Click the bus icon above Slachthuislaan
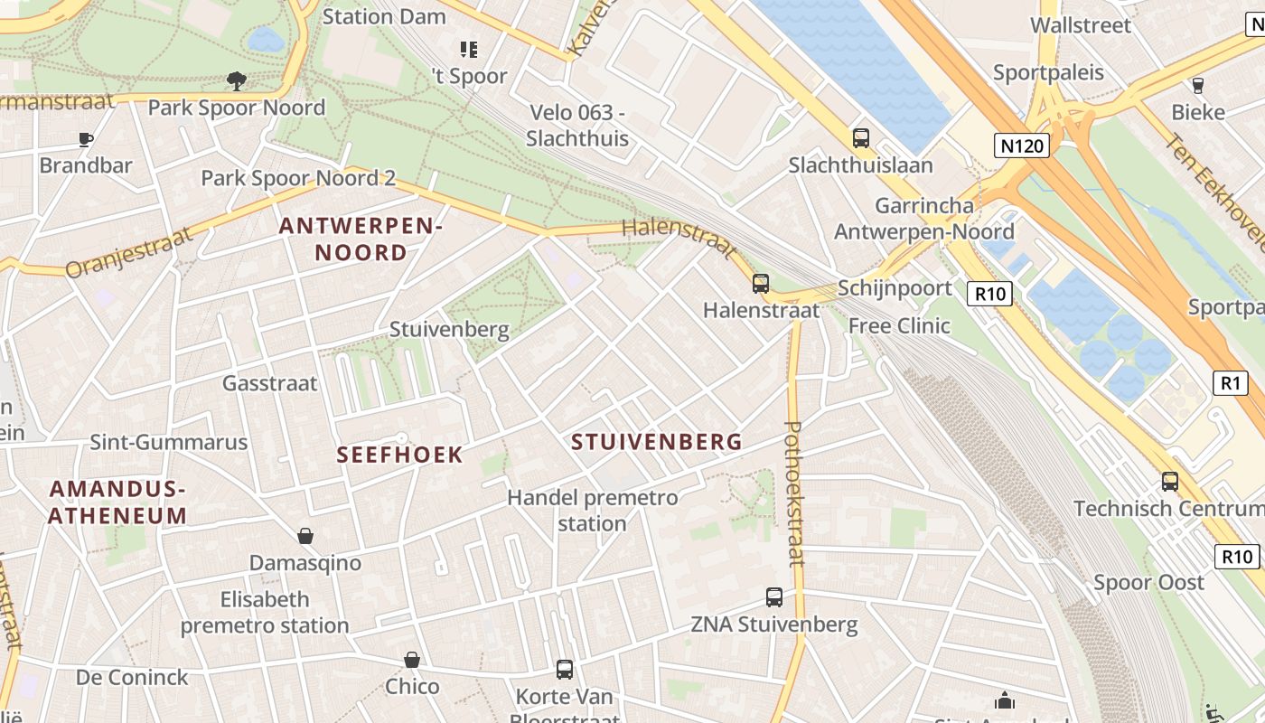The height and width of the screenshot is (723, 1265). [x=860, y=138]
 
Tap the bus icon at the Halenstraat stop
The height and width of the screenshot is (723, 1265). [x=761, y=284]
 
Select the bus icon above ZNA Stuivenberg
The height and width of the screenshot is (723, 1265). [x=774, y=596]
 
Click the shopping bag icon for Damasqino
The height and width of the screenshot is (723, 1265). [x=305, y=536]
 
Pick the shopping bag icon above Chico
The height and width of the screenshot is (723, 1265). [x=412, y=660]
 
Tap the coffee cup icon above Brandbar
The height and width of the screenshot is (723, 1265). [x=86, y=139]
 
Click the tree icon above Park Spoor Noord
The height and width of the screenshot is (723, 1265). [x=237, y=81]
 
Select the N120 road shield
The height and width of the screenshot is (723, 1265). [x=1022, y=146]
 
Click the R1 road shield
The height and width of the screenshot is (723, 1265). [x=1230, y=383]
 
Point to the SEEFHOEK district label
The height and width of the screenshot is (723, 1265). [x=399, y=455]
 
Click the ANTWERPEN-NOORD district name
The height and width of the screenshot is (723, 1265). [x=360, y=239]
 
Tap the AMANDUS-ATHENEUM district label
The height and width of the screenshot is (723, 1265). [x=117, y=502]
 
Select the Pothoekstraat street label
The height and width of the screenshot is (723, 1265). [x=794, y=493]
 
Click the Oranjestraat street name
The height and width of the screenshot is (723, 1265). [x=129, y=252]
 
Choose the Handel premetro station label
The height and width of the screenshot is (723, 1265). [x=592, y=511]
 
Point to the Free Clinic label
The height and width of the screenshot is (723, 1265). [x=899, y=325]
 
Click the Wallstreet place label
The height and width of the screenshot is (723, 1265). [x=1081, y=25]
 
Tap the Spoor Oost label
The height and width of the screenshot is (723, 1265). [x=1148, y=582]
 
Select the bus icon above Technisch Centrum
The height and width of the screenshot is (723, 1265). [x=1170, y=482]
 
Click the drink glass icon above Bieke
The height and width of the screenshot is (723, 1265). [x=1198, y=86]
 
